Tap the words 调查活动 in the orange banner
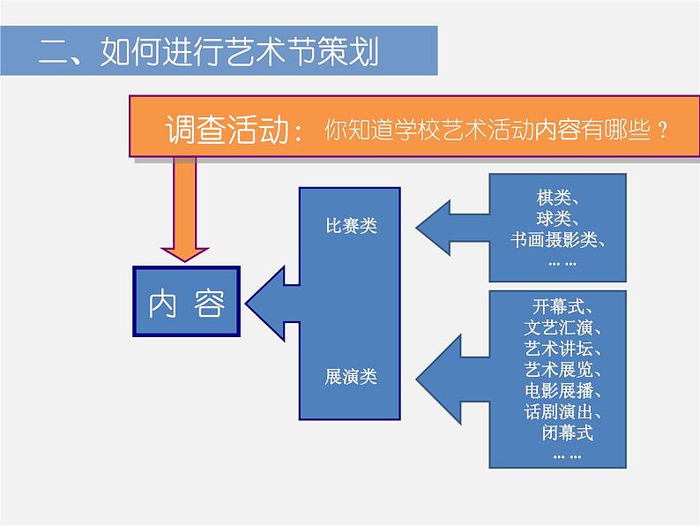[x=228, y=131]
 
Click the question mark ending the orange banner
[x=661, y=131]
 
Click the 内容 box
[x=186, y=303]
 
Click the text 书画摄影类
[x=557, y=238]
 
